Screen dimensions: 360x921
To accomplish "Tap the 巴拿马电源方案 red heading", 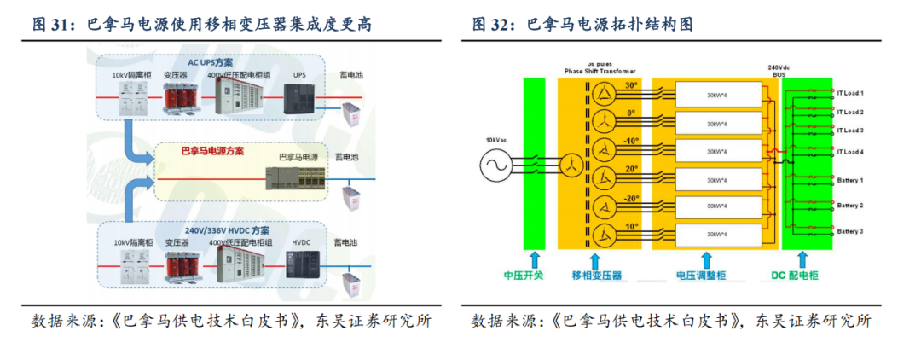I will pos(212,151).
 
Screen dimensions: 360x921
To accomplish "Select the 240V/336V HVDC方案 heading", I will pos(227,230).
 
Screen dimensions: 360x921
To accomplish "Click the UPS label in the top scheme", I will pos(299,75).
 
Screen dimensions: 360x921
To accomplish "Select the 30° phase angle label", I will pos(630,85).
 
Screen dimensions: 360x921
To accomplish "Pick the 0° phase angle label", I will pos(630,112).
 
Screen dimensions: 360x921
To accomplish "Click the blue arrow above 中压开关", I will pos(535,258).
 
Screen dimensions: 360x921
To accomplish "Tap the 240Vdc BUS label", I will pos(779,70).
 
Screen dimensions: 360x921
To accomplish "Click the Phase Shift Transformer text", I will pos(600,71).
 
